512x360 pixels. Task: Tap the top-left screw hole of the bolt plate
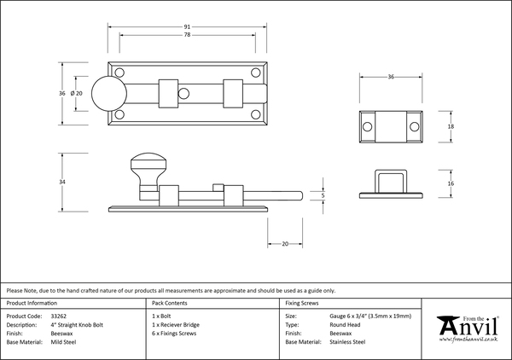point(119,73)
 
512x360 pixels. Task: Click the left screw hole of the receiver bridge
point(368,126)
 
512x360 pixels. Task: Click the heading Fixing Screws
point(303,304)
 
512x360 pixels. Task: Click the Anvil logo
point(467,328)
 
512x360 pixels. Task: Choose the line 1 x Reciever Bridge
point(176,325)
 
